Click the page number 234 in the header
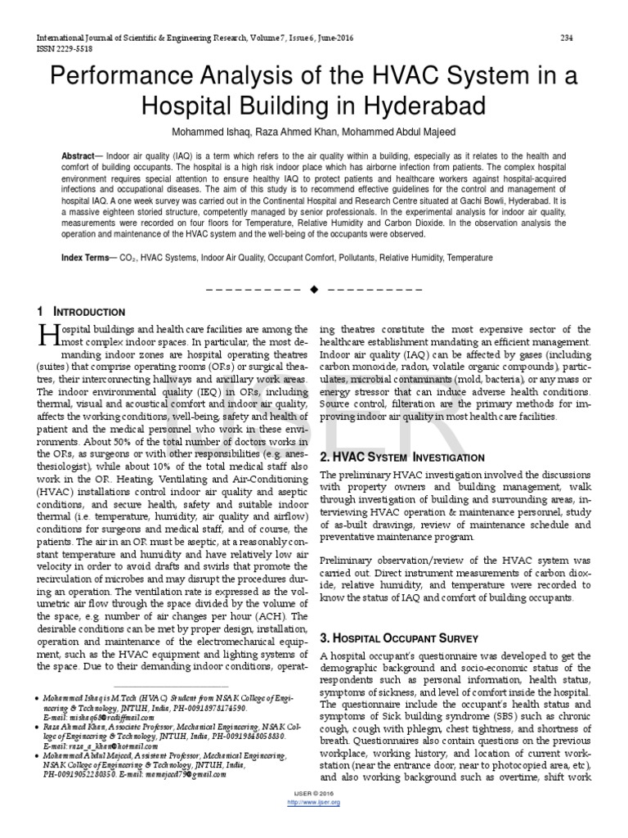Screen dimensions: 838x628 click(565, 38)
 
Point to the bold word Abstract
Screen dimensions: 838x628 click(78, 155)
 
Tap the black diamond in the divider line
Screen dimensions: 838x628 click(314, 290)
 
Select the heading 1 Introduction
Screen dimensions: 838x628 click(82, 312)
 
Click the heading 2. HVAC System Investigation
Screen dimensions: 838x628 click(391, 456)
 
